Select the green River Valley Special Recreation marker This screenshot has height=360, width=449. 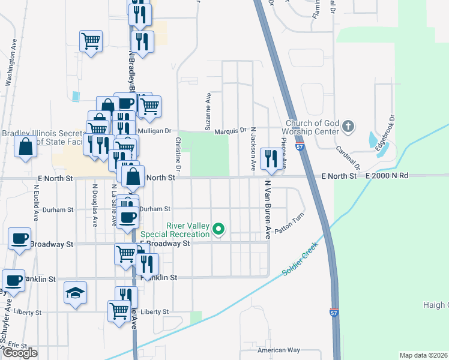click(219, 229)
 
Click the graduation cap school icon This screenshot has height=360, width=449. click(74, 293)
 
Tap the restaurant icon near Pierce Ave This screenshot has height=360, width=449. click(271, 158)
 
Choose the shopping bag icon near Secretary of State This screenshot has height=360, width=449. click(26, 147)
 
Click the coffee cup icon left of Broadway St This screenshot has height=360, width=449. click(19, 239)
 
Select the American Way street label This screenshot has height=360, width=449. click(278, 350)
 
